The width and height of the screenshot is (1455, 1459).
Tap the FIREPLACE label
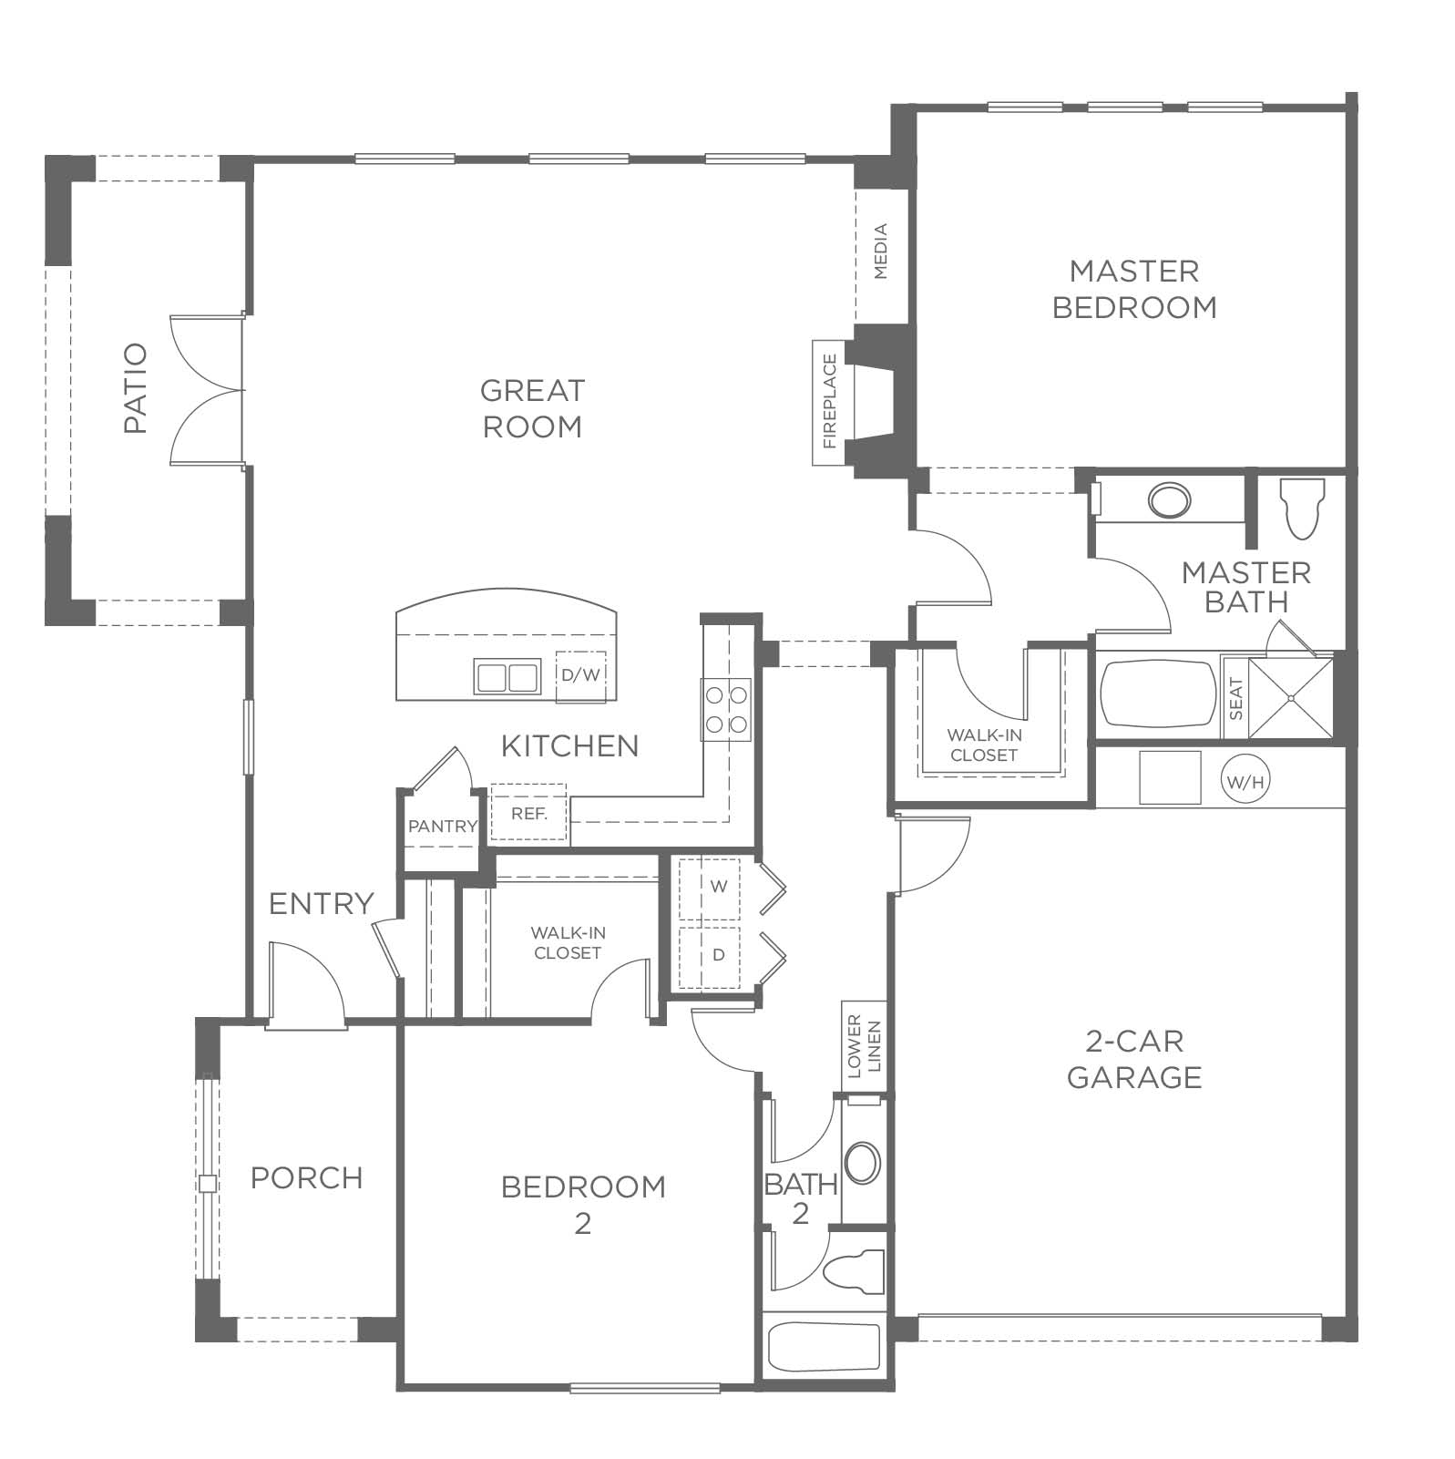[x=829, y=402]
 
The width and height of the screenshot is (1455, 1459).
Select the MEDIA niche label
[x=881, y=252]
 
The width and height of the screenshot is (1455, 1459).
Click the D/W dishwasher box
[x=581, y=676]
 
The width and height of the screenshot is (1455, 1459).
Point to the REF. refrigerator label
[x=528, y=814]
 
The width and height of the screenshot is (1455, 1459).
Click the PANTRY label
[x=443, y=827]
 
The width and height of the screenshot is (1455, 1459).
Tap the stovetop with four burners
[x=726, y=709]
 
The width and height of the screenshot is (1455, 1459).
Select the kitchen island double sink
[x=507, y=677]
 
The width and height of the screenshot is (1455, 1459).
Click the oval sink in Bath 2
[x=862, y=1165]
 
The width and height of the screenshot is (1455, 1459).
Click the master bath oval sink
[x=1169, y=500]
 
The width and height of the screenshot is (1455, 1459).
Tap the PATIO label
[x=135, y=388]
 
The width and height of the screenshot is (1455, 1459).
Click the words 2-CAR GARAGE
[x=1134, y=1059]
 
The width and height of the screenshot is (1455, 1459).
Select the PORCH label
[x=307, y=1177]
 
